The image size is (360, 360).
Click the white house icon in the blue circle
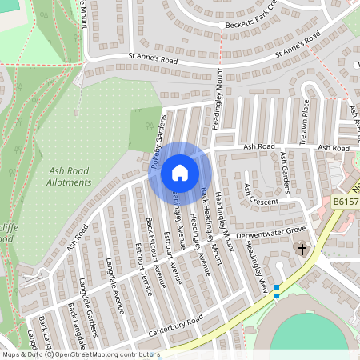pos(179,172)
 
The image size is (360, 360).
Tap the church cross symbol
pos(302,250)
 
